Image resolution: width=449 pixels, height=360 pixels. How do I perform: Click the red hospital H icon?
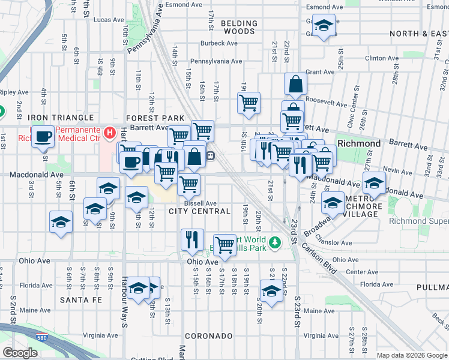tap(109, 131)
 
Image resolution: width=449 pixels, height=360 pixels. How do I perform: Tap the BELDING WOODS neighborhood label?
tap(239, 27)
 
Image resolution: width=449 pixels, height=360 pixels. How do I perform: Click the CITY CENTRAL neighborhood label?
tap(200, 211)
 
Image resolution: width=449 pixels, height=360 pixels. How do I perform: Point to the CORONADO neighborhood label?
tap(208, 335)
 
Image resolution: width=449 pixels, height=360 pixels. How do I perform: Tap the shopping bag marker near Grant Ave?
tap(296, 85)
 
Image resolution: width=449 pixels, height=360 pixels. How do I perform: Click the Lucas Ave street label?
tap(109, 20)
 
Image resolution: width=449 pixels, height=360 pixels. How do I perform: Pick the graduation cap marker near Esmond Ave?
tap(324, 26)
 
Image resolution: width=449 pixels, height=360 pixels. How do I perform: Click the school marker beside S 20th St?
tap(271, 291)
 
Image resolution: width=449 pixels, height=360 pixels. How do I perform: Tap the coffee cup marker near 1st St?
tap(43, 137)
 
